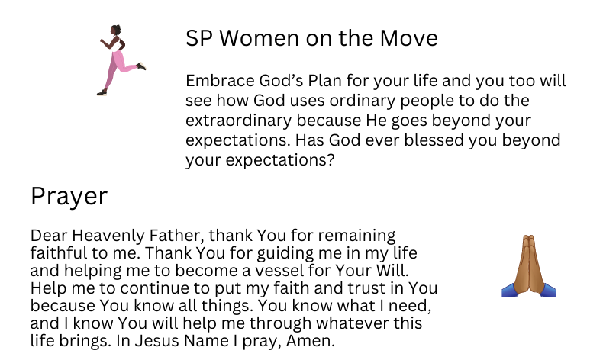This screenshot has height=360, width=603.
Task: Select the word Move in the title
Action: (x=409, y=38)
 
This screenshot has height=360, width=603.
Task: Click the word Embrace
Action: (x=221, y=81)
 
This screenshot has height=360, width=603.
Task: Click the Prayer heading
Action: (x=69, y=196)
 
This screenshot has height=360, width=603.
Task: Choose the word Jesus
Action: (x=157, y=341)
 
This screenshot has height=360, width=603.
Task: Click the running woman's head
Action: (x=115, y=31)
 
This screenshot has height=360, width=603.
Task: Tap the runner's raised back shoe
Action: (x=141, y=66)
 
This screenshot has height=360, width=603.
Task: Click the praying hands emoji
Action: (x=529, y=266)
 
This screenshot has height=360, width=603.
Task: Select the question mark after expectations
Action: (x=331, y=160)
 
